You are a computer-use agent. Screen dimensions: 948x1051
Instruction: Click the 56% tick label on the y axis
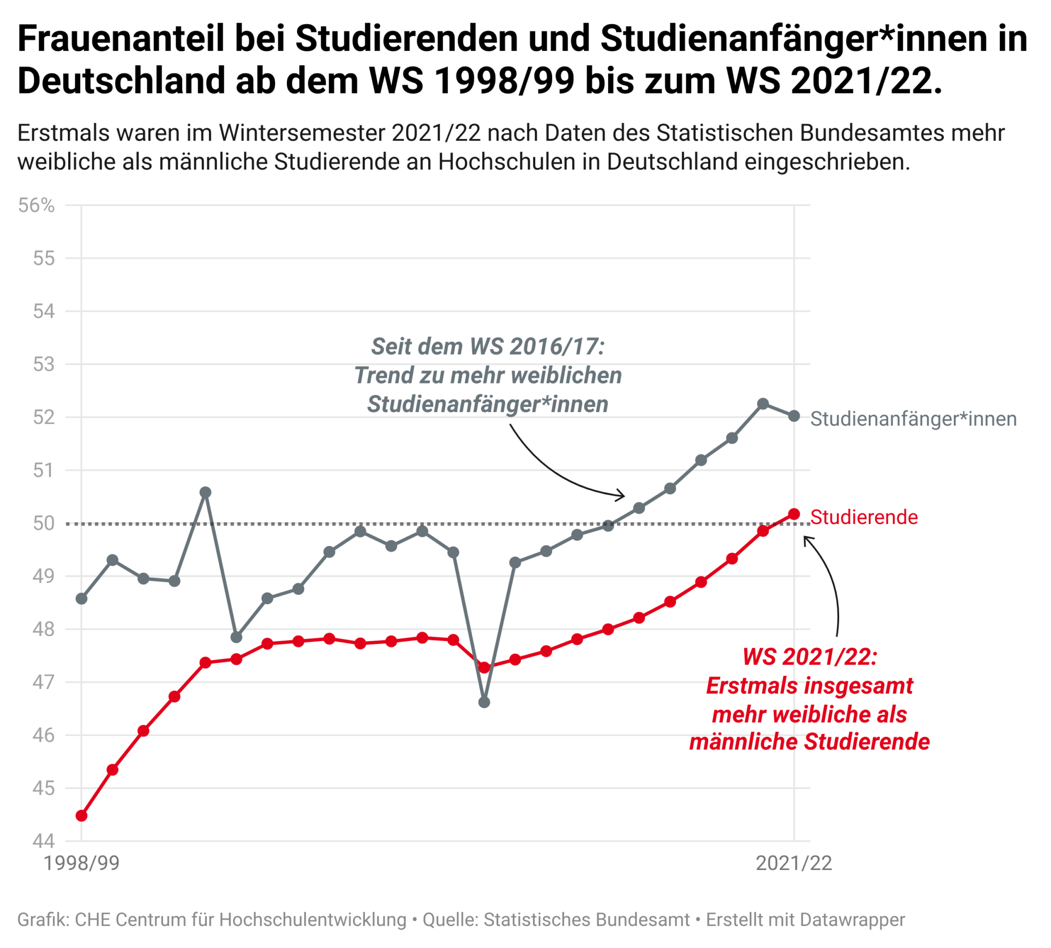(36, 205)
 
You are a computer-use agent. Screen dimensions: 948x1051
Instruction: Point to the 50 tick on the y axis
(44, 523)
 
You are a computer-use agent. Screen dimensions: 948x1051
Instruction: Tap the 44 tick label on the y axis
(44, 841)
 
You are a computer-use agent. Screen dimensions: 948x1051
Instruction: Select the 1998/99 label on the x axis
(81, 864)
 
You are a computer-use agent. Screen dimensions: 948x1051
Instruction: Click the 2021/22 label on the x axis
(793, 864)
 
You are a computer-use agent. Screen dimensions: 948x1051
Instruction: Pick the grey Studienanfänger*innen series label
(913, 419)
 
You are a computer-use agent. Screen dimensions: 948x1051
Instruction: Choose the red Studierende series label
(864, 517)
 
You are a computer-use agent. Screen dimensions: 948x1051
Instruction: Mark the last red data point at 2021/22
(794, 514)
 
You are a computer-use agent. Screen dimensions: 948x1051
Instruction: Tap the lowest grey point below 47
(484, 702)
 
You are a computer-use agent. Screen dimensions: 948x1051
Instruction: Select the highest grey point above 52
(763, 403)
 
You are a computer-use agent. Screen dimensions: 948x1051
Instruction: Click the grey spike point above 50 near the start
(205, 492)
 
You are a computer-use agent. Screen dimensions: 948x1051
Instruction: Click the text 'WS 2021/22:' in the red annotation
(809, 657)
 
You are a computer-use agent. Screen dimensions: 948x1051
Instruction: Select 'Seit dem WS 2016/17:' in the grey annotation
(488, 346)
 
